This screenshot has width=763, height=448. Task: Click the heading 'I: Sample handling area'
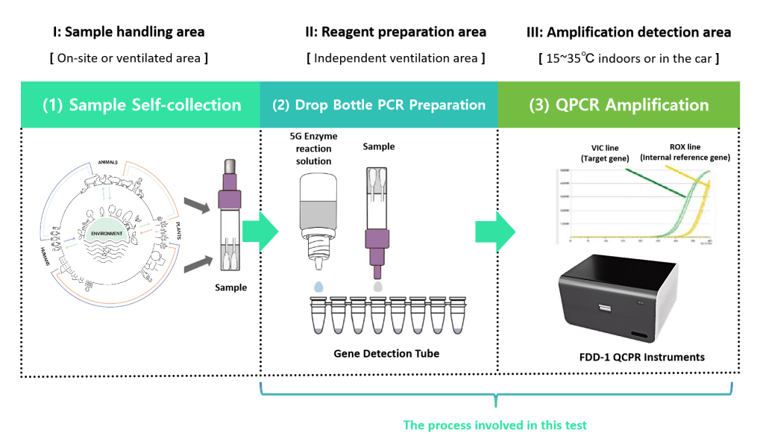[x=128, y=32]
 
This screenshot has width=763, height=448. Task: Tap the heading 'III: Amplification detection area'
[x=629, y=32]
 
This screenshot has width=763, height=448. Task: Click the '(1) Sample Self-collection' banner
[x=142, y=105]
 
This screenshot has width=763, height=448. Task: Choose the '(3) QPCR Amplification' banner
[x=619, y=105]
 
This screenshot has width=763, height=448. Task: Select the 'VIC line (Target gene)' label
[x=597, y=153]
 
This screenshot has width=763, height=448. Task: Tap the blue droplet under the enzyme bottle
[x=320, y=286]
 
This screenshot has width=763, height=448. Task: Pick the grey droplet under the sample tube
[x=378, y=285]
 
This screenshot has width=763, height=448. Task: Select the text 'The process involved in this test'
[x=495, y=425]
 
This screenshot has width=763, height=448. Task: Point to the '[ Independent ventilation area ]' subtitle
[x=395, y=57]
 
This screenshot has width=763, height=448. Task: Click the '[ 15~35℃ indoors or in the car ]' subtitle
[x=629, y=57]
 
